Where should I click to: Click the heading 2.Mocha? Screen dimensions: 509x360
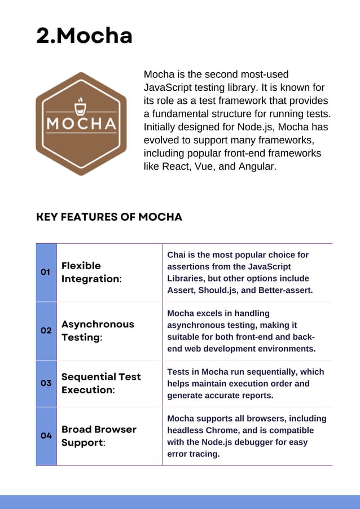(84, 36)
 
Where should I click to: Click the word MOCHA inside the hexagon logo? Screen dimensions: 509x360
(81, 124)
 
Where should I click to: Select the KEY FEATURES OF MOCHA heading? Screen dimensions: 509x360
(109, 217)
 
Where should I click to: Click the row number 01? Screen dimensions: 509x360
(46, 272)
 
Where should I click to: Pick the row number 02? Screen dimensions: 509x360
(46, 331)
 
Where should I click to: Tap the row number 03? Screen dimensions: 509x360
(46, 383)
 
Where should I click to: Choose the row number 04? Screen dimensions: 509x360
(46, 436)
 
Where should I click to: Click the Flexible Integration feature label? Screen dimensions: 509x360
(91, 272)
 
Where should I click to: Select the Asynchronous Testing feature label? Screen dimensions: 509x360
(98, 331)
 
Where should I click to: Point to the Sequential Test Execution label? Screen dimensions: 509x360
(101, 383)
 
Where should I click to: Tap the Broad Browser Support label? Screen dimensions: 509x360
(99, 436)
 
